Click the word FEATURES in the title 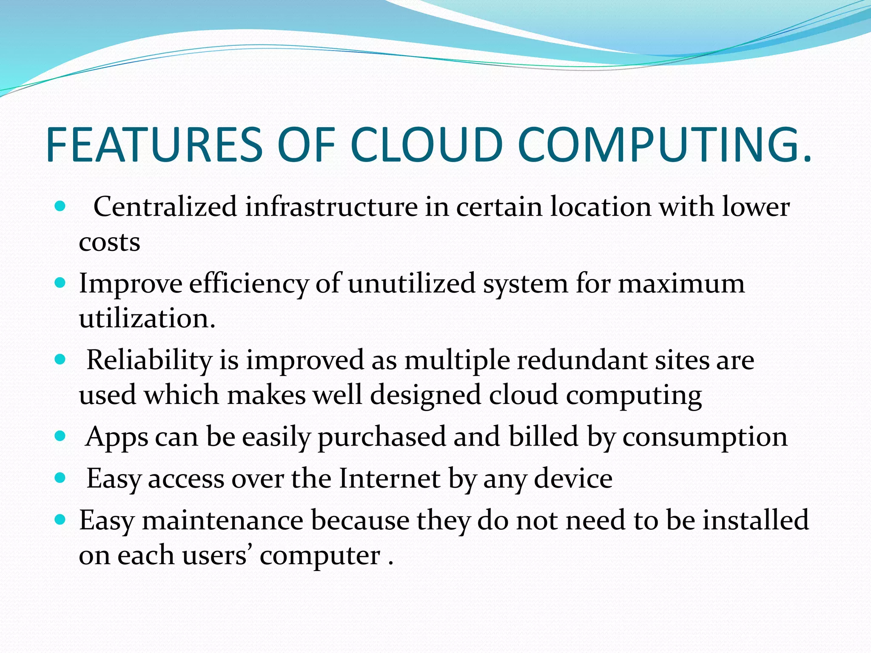[154, 145]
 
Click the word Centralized [165, 207]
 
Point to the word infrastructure [331, 207]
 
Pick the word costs [109, 242]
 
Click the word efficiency [248, 284]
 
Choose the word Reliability [149, 361]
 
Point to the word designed [425, 395]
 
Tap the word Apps [117, 437]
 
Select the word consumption [705, 437]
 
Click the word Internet [390, 479]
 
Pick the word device [573, 479]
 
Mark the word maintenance [222, 520]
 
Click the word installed [755, 520]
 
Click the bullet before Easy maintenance [60, 519]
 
